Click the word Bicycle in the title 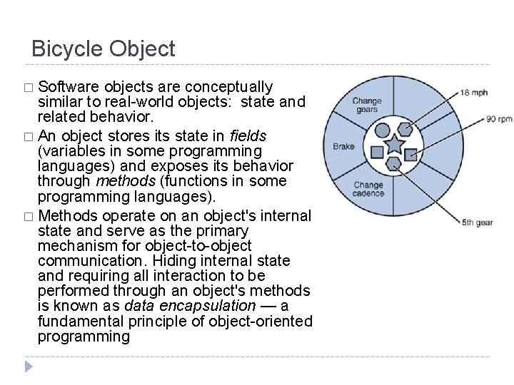(67, 49)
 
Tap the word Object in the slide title (142, 49)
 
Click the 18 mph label (474, 93)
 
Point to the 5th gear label (476, 222)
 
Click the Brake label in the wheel (343, 147)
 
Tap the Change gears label (367, 106)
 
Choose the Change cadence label (368, 189)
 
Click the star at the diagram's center (395, 145)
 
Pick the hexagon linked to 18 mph (405, 129)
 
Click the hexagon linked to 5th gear (393, 163)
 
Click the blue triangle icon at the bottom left (29, 367)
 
